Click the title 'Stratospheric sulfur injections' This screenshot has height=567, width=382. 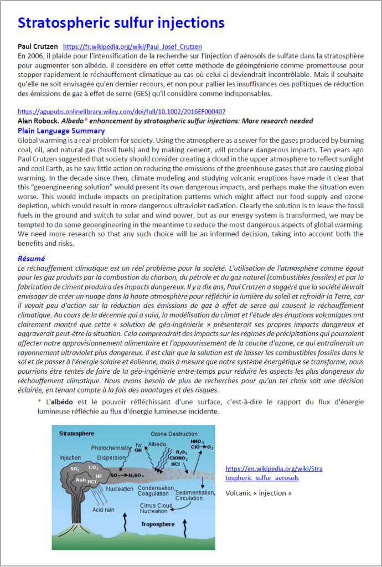(x=121, y=23)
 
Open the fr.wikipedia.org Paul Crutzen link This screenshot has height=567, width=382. (x=132, y=47)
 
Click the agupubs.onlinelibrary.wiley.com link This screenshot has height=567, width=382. (x=122, y=111)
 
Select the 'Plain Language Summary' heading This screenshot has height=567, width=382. (x=61, y=131)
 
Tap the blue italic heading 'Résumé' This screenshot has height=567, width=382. (x=32, y=259)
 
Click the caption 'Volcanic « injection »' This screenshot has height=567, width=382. (x=258, y=493)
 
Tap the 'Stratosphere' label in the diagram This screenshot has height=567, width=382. (x=77, y=434)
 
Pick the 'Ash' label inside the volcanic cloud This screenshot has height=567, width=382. (x=81, y=480)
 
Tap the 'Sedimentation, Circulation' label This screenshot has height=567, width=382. (x=194, y=494)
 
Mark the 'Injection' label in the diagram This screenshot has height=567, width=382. (x=70, y=458)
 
